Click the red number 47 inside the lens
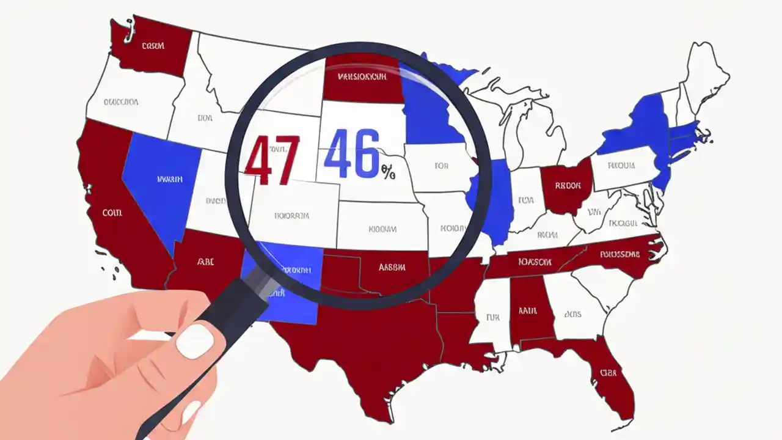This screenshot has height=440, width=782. (x=272, y=160)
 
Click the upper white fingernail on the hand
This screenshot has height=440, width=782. (x=195, y=340)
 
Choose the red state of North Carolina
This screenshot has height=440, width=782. (x=617, y=255)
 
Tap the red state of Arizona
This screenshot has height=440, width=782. (x=205, y=263)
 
